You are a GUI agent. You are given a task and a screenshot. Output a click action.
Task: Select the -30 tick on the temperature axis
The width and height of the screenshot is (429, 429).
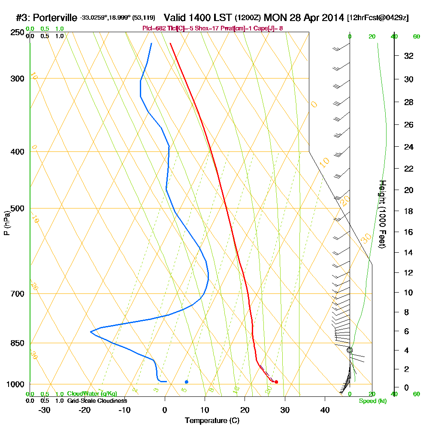pos(44,410)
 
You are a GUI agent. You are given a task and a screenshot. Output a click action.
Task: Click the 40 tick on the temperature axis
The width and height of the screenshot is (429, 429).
pos(325,410)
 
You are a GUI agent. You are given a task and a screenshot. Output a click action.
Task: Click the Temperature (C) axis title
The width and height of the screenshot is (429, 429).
pos(212,421)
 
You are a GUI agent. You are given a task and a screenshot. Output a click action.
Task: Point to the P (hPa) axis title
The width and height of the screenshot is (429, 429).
pos(6,223)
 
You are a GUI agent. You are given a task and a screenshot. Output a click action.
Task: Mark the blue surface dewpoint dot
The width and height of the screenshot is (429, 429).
pos(186,381)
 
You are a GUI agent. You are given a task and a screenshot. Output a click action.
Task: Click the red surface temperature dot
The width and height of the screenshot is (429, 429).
pos(276,381)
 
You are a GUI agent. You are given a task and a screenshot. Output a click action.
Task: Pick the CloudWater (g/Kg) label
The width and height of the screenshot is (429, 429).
pos(92,394)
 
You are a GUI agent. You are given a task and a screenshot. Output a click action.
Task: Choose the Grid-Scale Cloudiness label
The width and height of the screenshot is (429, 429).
pos(97,401)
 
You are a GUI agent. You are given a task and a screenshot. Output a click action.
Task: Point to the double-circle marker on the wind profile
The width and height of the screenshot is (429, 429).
pos(350,350)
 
